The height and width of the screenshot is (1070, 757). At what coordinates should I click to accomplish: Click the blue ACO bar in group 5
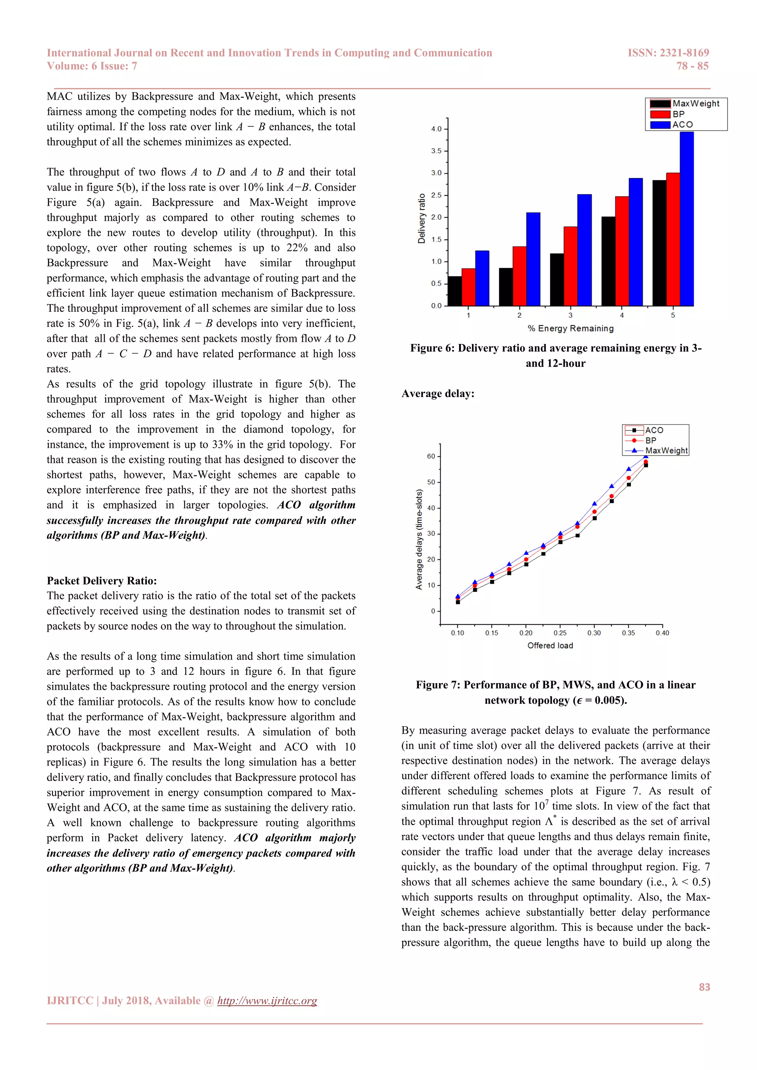coord(687,219)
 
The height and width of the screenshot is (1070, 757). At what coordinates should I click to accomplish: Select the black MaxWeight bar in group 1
coord(455,291)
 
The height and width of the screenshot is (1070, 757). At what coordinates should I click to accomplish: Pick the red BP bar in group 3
coord(571,266)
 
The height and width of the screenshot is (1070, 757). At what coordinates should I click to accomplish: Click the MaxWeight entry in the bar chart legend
coord(696,103)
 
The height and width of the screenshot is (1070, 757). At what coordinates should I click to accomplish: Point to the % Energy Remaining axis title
coord(571,328)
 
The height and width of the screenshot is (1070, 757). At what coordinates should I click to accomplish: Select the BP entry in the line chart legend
coord(650,440)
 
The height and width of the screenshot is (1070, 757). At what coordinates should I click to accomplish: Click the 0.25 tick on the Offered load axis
coord(560,633)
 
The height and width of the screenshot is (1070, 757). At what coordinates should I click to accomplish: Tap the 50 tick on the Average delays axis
coord(431,482)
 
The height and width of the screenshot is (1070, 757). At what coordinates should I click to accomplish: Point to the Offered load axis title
coord(550,645)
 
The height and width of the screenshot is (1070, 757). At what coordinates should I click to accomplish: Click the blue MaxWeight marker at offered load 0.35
coord(628,469)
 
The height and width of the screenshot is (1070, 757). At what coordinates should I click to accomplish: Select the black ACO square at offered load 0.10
coord(458,602)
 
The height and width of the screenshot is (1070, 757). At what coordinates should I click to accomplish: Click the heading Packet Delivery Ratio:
coord(102,581)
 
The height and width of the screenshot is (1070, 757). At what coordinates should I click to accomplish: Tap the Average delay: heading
coord(438,394)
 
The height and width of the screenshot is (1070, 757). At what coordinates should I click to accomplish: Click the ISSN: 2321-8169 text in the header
coord(668,53)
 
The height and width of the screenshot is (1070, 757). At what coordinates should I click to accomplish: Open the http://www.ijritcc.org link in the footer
coord(267,1001)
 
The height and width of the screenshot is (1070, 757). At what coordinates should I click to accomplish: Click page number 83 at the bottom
coord(704,986)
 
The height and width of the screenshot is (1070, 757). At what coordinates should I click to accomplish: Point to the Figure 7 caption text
coord(556,692)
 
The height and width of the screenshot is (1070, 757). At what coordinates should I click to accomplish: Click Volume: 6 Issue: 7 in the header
coord(92,66)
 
